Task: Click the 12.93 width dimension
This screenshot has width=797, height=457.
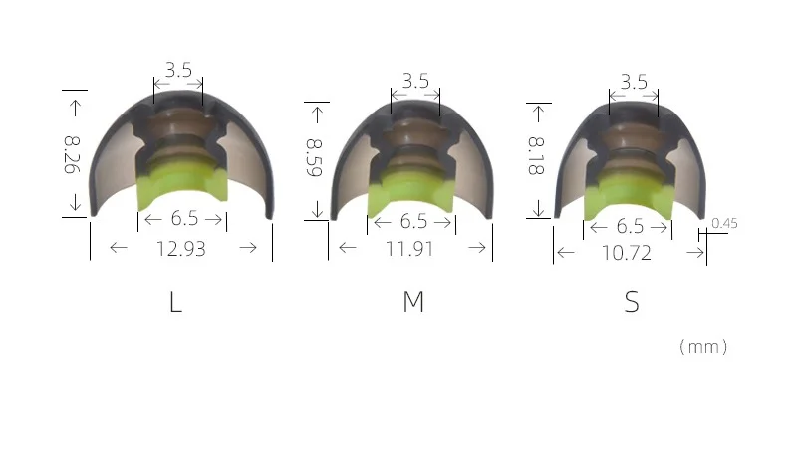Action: click(x=181, y=249)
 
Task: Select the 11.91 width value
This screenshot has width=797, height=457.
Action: click(x=409, y=249)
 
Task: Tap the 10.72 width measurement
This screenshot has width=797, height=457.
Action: click(x=627, y=253)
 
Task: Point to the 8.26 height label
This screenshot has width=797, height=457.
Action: click(x=72, y=155)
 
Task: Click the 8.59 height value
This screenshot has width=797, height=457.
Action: click(x=314, y=157)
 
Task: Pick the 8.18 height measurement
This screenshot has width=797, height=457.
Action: click(x=536, y=156)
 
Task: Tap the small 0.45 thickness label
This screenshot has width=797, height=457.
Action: click(x=724, y=223)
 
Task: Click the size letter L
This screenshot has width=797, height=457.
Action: click(x=175, y=302)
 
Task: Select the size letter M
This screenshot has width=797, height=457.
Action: click(x=413, y=301)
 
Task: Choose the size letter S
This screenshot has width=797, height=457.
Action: click(x=632, y=302)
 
